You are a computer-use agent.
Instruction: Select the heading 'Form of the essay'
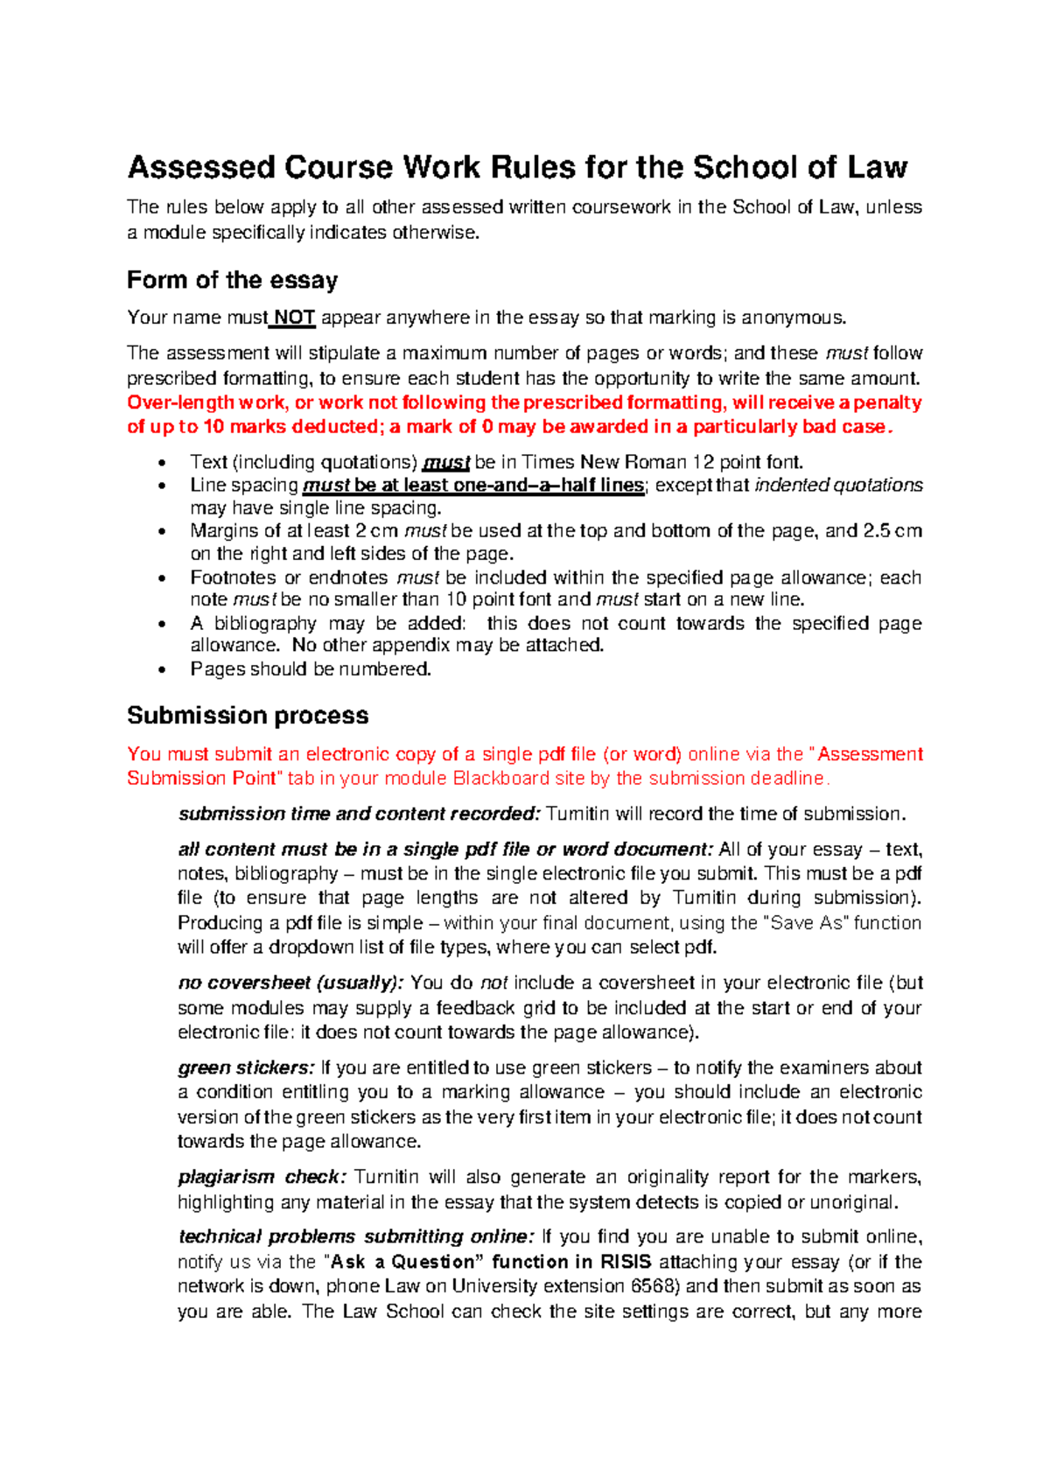point(232,280)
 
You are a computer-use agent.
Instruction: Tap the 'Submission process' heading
point(248,715)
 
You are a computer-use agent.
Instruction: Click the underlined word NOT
point(294,318)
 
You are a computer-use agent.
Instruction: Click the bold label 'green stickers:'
point(245,1067)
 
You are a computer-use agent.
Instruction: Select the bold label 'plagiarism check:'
point(262,1177)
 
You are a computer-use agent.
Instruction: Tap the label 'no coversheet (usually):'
point(290,983)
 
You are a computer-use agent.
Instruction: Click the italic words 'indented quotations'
point(838,486)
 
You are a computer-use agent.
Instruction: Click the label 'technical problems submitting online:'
point(355,1236)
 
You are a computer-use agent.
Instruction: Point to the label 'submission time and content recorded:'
point(360,814)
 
